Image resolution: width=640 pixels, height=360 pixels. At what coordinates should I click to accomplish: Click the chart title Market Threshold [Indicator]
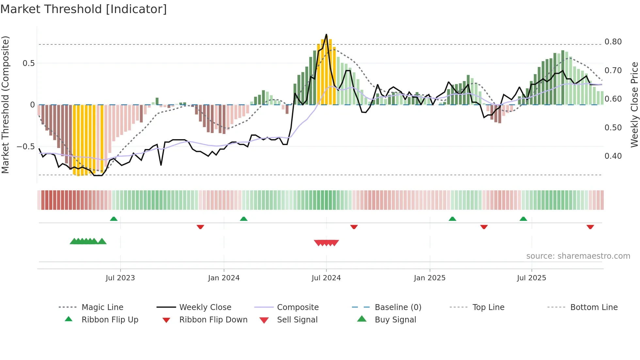pos(84,9)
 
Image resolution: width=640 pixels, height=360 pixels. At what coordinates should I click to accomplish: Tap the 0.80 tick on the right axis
pos(613,42)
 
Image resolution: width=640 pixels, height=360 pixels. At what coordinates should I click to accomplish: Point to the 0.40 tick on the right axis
pos(613,156)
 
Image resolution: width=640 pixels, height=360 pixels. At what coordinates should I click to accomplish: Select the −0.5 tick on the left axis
pos(26,147)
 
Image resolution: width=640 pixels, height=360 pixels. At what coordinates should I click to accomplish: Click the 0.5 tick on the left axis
pos(28,63)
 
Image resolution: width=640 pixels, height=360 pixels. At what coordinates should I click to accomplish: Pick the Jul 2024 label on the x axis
pos(326,278)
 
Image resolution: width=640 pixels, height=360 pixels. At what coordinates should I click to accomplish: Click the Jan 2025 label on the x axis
pos(429,278)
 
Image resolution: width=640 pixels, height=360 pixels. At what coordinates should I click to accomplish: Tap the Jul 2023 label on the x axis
pos(120,278)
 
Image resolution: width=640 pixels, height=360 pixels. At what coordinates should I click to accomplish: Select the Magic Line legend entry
pos(102,307)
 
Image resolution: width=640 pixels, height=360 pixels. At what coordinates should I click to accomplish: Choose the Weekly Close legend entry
pos(205,307)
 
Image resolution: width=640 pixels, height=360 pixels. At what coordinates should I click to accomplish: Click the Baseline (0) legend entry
pos(398,307)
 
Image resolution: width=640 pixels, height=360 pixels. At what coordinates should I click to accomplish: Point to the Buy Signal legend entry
pos(395,320)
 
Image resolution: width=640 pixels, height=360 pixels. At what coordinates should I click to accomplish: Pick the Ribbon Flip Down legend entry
pos(213,320)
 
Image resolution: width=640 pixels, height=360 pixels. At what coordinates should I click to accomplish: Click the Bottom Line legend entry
pos(594,307)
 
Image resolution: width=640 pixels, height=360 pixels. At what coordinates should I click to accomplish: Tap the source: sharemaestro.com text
pos(578,256)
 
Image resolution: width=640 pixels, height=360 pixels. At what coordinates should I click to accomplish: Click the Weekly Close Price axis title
pos(634,105)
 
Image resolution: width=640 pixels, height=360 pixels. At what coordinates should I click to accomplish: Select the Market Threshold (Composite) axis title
pos(5,105)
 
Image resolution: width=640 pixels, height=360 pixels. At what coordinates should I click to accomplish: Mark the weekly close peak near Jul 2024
pos(326,34)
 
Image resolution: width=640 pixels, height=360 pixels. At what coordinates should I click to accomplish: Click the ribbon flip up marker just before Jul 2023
pos(114,219)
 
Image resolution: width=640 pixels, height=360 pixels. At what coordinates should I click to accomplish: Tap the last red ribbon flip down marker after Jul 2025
pos(590,227)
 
